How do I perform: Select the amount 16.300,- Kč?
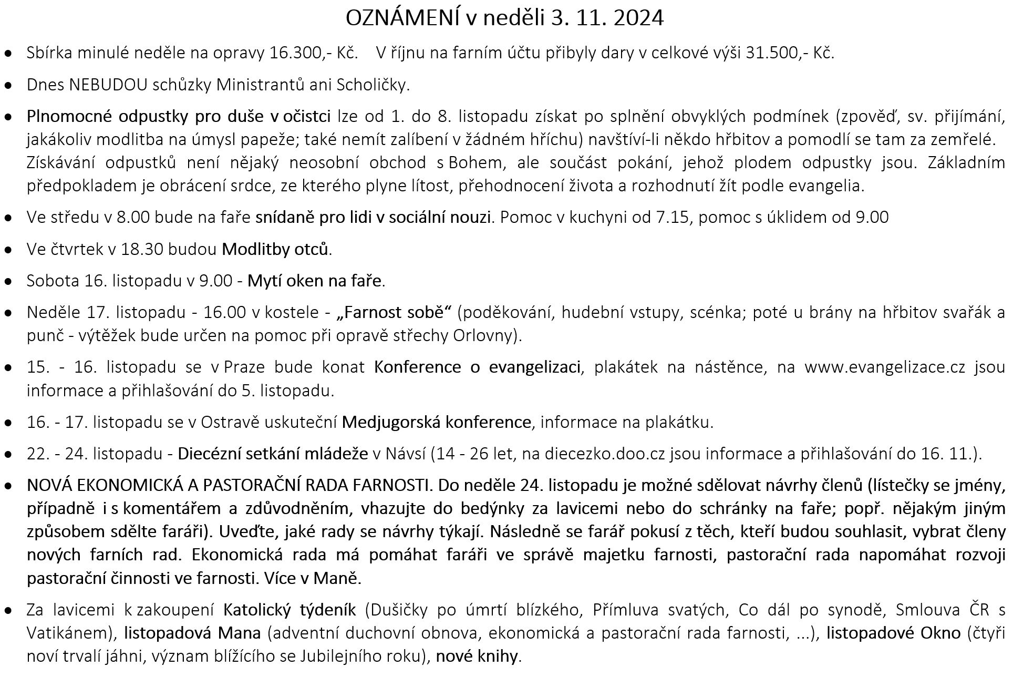click(314, 53)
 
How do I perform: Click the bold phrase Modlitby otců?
click(276, 249)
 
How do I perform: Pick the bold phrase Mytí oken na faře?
click(315, 281)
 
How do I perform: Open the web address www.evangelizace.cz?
click(885, 367)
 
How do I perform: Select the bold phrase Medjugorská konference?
click(436, 422)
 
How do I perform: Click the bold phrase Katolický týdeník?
click(290, 610)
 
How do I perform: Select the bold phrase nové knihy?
click(477, 656)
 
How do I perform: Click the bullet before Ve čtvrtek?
click(8, 250)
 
